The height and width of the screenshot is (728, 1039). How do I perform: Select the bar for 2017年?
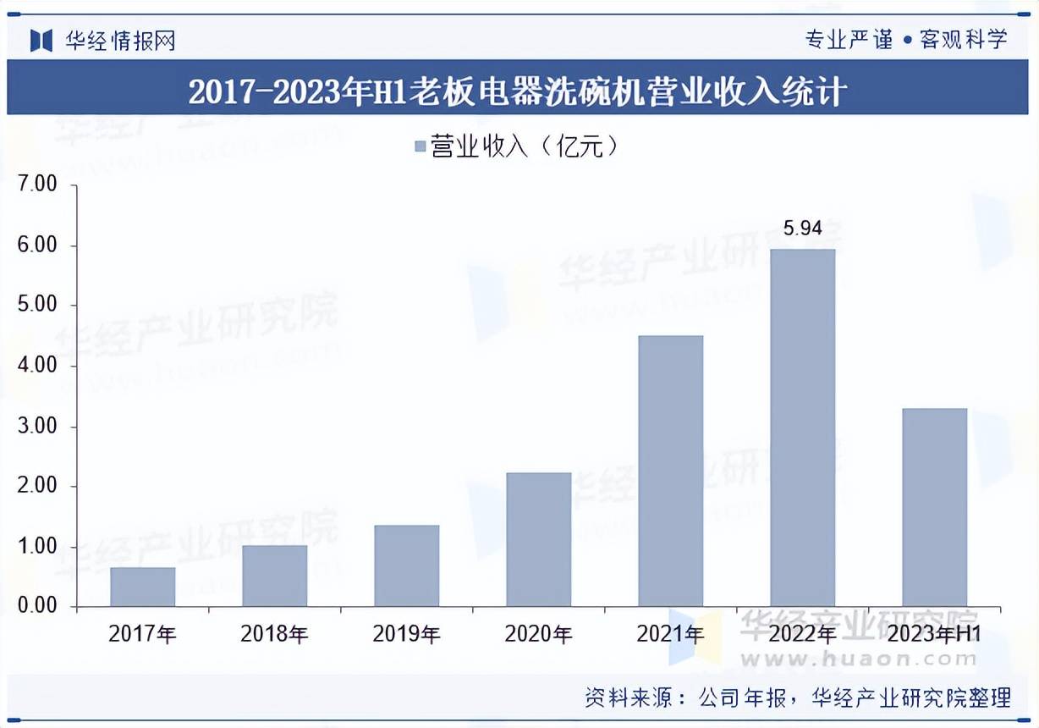coord(143,587)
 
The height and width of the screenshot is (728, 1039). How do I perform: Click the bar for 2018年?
coord(275,576)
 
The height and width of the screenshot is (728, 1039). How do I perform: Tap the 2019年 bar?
coord(407,565)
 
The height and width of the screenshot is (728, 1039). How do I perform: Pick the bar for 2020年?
coord(539,539)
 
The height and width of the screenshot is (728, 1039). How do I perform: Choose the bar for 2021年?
coord(671,471)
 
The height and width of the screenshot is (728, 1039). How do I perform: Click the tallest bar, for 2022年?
coord(803,427)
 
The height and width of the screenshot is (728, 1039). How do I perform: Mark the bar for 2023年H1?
coord(935,507)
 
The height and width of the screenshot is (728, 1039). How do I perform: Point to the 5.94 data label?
coord(803,228)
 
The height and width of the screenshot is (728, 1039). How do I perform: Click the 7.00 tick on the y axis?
coord(36,184)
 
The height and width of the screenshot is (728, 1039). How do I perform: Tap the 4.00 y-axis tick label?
coord(36,366)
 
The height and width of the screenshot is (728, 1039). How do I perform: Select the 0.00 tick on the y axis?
coord(36,606)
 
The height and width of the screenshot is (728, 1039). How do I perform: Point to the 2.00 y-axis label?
coord(36,486)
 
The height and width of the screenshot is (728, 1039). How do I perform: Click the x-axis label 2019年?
coord(407,634)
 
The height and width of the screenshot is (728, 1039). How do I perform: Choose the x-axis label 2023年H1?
coord(935,634)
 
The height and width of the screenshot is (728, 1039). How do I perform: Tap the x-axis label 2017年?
coord(143,634)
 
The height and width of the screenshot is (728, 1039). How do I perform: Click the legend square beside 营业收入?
coord(420,147)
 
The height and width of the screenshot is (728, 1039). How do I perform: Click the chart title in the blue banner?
coord(518,91)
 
